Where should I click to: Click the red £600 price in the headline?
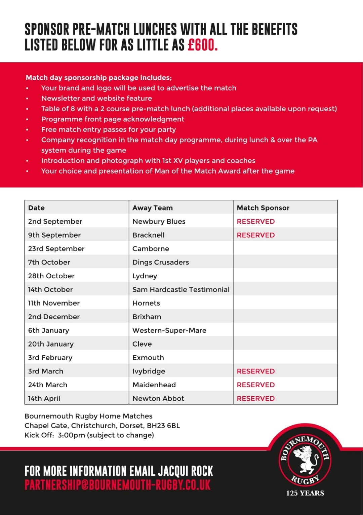point(203,45)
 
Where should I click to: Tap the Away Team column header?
point(153,208)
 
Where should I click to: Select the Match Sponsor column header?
point(263,208)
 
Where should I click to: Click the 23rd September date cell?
point(56,249)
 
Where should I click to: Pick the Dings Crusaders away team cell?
point(161,262)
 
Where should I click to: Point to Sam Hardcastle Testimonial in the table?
point(181,289)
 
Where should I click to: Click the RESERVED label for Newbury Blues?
point(255,222)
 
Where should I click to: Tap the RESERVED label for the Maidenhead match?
point(255,385)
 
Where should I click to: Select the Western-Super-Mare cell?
point(169,330)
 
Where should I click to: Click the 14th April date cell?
point(44,398)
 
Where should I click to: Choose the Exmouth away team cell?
point(148,358)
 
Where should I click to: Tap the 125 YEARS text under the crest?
point(305,493)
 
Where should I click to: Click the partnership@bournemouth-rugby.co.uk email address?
point(118,485)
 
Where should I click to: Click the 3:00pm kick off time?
point(71,435)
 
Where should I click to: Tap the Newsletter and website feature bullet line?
point(96,98)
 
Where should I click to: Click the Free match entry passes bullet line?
point(109,129)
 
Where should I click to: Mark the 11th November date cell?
point(54,303)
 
